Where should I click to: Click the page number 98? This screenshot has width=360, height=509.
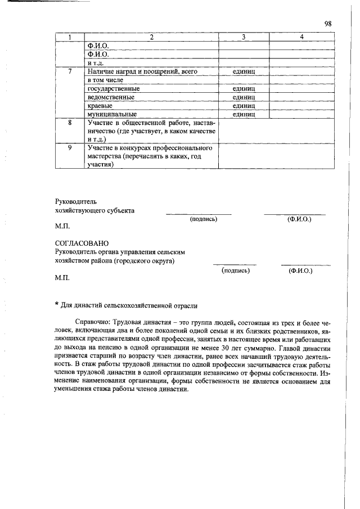click(x=328, y=24)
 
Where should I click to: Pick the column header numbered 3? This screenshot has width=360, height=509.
click(x=244, y=37)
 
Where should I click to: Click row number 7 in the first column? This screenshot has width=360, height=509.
click(x=69, y=72)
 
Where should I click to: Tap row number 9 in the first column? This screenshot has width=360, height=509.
click(x=69, y=147)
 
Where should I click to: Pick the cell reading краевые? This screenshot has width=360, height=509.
click(x=100, y=106)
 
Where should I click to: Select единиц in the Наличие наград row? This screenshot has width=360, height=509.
click(x=244, y=72)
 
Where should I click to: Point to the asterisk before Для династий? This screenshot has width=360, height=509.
click(x=57, y=304)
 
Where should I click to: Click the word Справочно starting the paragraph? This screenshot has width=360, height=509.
click(x=93, y=322)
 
